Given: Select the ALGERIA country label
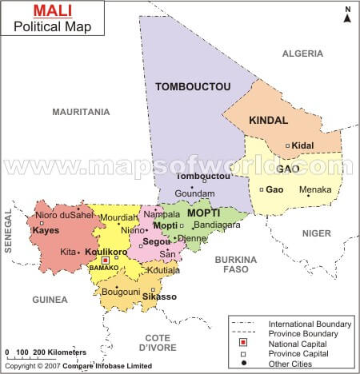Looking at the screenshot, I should (303, 54).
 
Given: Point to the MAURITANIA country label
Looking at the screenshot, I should (81, 112).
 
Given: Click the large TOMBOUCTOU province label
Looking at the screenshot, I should (193, 86).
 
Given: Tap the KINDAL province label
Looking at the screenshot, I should (268, 121).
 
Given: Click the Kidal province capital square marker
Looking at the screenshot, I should (287, 145).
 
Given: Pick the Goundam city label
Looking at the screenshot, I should (195, 193).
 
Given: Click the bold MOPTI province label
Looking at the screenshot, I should (203, 213).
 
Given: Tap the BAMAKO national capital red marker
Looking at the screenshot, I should (105, 260).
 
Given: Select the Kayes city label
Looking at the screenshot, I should (46, 230).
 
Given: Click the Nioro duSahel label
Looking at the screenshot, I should (65, 214).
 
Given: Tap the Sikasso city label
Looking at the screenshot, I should (160, 296).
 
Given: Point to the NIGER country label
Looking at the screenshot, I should (316, 233).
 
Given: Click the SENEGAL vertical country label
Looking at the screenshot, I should (9, 232).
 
